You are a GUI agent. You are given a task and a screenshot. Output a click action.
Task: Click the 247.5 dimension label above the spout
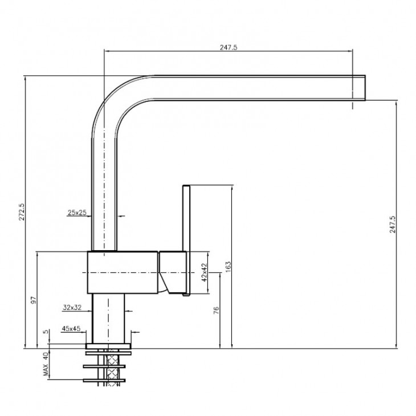pos(229,47)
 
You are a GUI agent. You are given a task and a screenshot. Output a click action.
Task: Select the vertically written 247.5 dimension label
pos(393,225)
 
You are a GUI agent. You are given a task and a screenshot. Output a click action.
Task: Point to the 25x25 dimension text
pos(77,213)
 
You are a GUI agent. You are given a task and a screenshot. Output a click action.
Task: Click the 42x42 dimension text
pos(204,272)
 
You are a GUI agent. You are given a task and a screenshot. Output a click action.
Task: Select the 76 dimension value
pos(216,310)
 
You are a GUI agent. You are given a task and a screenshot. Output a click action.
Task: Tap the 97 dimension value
pos(33,300)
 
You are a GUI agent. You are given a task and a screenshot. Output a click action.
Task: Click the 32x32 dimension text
pos(72,308)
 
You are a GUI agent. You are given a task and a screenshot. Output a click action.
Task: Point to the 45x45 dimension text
pos(71,328)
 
